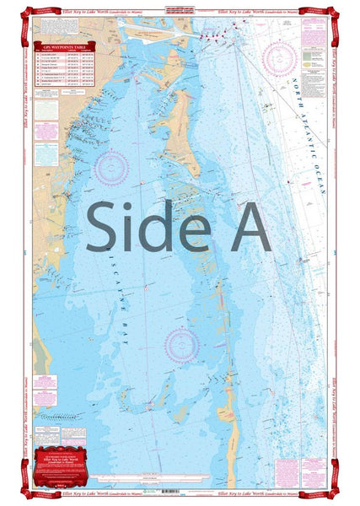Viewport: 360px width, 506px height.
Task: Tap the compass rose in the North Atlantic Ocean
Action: point(279,59)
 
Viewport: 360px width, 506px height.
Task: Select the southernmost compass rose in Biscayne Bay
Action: point(182,343)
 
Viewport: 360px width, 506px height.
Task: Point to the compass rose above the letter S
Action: point(111,166)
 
